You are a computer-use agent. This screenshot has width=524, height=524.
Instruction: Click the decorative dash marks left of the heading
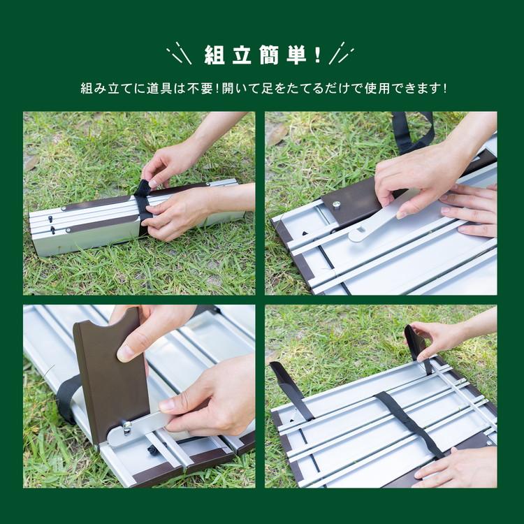179,53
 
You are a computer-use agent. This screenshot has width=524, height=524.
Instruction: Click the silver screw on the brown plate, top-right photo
336,205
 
